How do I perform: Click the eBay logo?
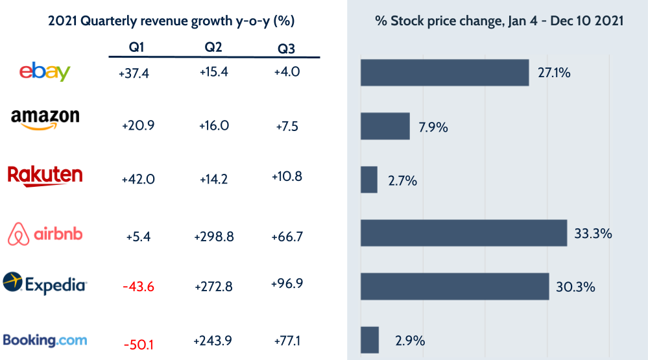(45, 71)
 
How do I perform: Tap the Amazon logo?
(45, 119)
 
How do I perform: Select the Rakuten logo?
(45, 175)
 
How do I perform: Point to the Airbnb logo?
(45, 234)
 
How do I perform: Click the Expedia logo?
(45, 283)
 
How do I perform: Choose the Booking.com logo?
(45, 340)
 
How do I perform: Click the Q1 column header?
(138, 48)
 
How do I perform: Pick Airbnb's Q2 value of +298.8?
(213, 237)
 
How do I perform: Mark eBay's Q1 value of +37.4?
(134, 74)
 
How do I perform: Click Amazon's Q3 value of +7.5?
(286, 126)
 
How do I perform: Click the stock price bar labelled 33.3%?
(464, 233)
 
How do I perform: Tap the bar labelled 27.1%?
(444, 73)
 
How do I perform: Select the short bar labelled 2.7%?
(369, 180)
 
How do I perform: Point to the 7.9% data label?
(433, 127)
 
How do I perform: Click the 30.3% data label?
(575, 287)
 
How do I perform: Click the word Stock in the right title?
(406, 21)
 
